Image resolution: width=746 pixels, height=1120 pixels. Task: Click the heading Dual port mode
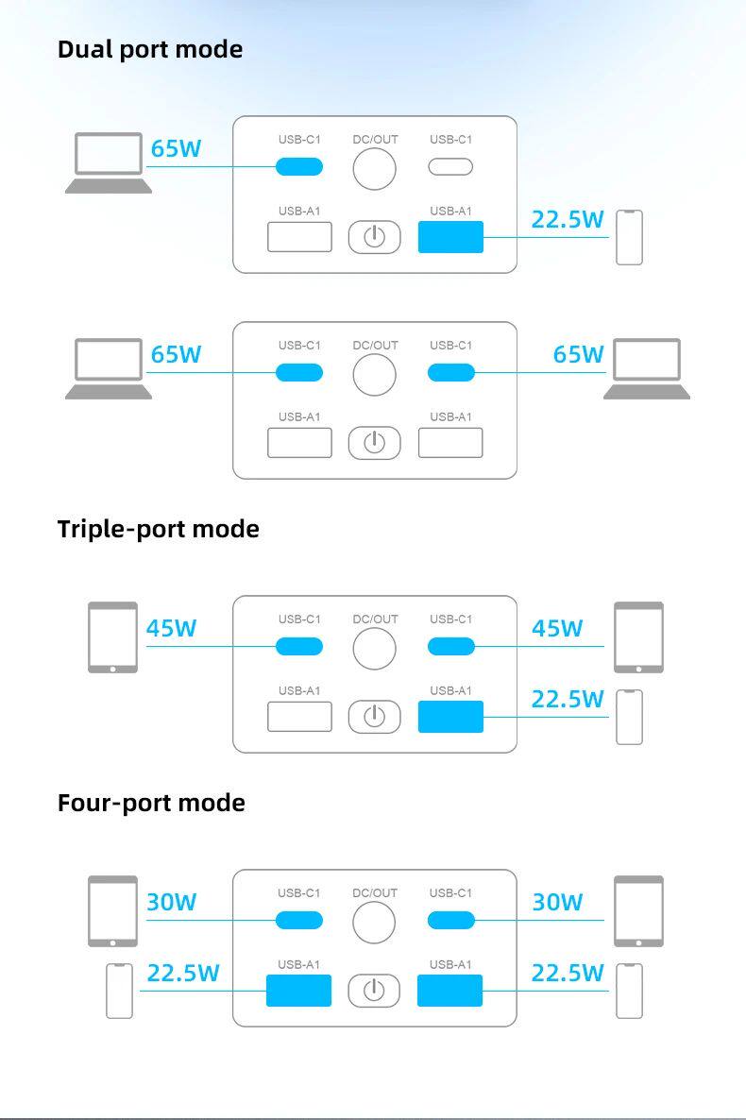click(x=150, y=49)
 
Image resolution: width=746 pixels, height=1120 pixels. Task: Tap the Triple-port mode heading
click(x=158, y=529)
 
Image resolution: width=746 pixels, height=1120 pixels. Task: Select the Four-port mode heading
click(x=151, y=803)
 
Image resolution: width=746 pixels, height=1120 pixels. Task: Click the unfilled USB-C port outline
click(x=450, y=167)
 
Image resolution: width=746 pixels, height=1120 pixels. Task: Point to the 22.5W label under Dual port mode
click(x=567, y=219)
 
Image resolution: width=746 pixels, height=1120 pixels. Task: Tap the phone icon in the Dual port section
click(x=629, y=237)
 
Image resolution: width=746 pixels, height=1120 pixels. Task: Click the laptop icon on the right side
click(x=647, y=368)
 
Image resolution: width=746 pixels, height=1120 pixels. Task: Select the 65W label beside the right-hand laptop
click(x=578, y=354)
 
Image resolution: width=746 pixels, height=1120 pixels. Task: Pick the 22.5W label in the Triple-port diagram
click(x=567, y=699)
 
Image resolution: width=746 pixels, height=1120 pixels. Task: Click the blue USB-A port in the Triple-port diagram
click(x=450, y=717)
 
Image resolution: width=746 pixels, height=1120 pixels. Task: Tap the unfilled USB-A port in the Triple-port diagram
click(x=299, y=717)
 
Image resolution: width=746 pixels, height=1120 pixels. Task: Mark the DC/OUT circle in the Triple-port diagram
click(x=375, y=649)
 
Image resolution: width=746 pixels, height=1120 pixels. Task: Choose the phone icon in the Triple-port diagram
click(x=629, y=717)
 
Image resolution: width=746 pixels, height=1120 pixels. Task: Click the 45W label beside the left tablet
click(x=171, y=628)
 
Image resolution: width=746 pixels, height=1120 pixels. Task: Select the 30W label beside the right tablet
click(x=557, y=902)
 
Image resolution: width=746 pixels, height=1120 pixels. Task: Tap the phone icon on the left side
click(x=119, y=991)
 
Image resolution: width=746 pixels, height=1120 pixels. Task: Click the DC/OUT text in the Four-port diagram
click(x=375, y=892)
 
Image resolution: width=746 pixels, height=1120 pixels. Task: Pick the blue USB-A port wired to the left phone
click(x=298, y=991)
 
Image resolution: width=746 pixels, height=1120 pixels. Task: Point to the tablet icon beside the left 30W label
click(x=112, y=911)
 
